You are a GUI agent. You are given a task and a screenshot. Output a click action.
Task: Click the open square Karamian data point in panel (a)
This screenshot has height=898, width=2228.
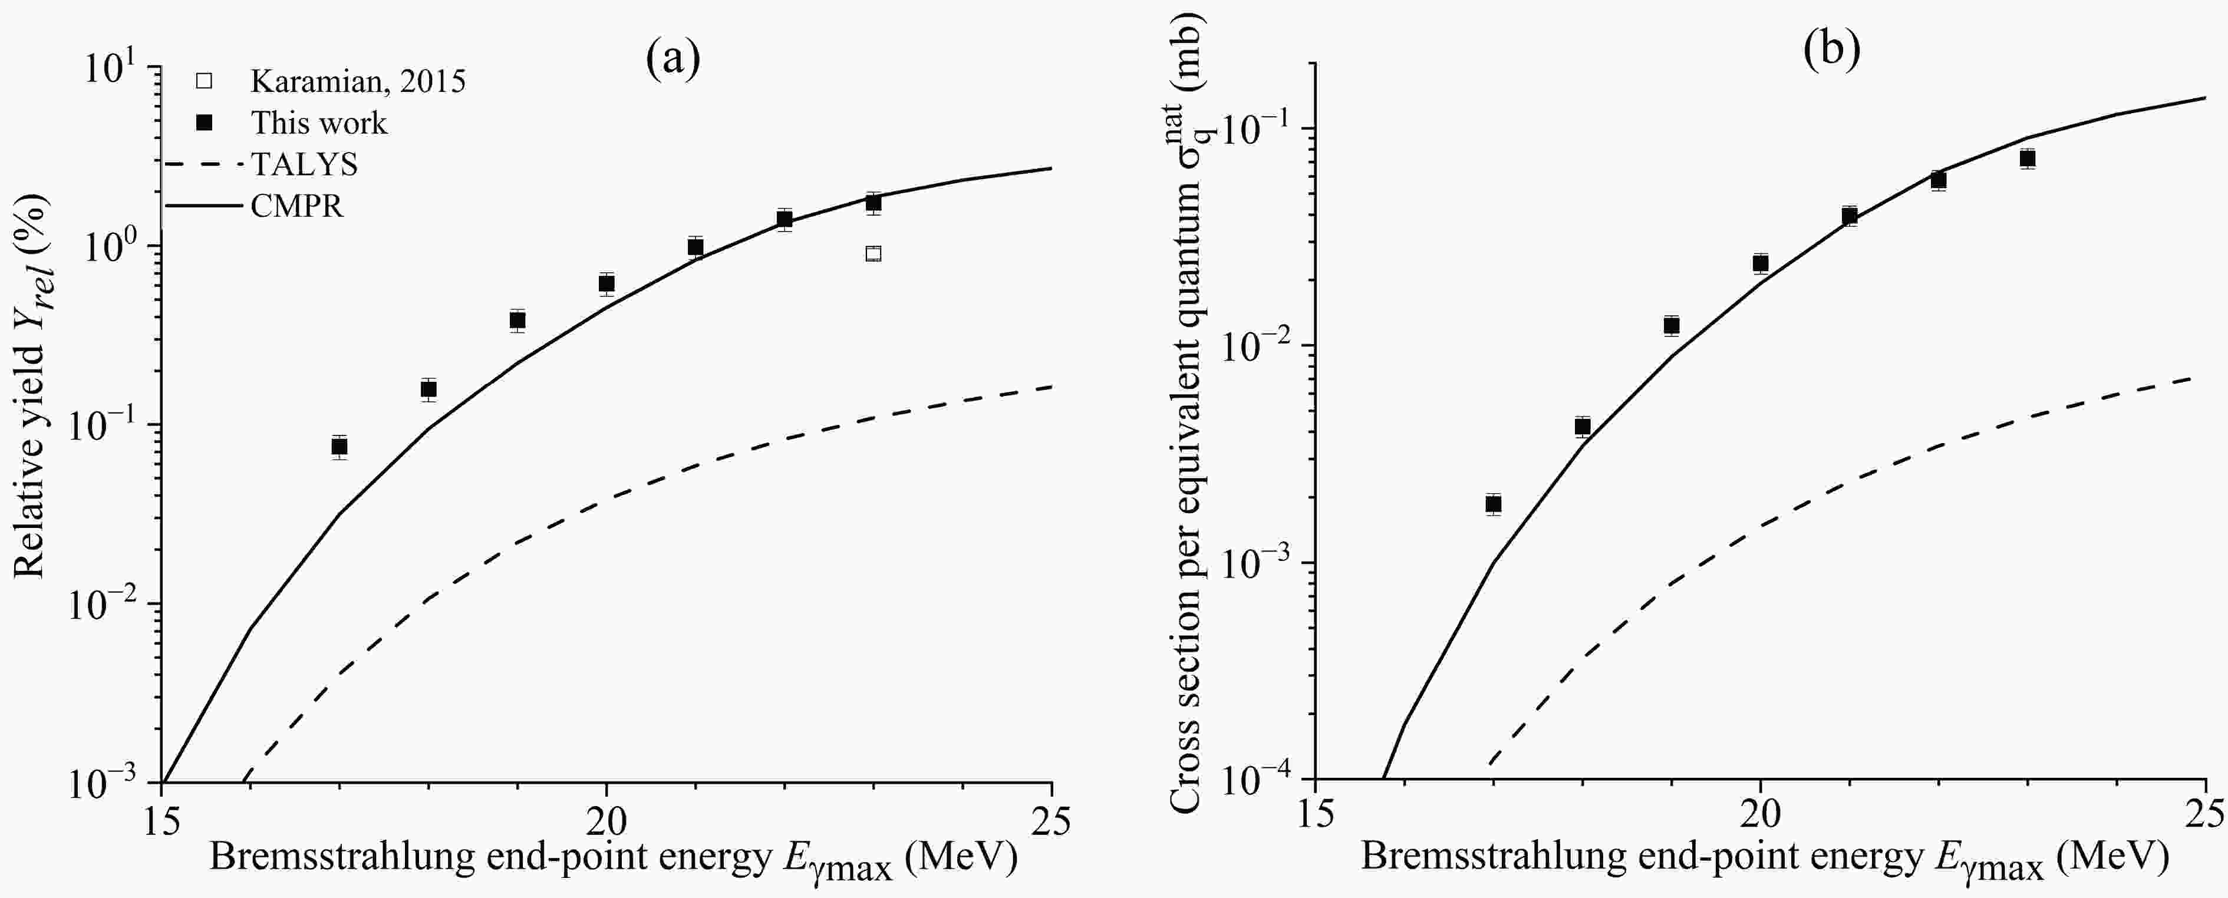[x=874, y=253]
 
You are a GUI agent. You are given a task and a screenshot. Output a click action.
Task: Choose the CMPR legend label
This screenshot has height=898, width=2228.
[x=296, y=206]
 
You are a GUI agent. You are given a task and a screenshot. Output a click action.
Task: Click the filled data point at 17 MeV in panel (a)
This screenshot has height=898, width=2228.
[x=340, y=446]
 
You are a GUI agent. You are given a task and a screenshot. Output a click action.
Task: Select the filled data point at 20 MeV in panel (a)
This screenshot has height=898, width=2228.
[x=607, y=283]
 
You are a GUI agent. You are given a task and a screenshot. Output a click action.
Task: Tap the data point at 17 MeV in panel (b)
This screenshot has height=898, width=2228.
[x=1493, y=504]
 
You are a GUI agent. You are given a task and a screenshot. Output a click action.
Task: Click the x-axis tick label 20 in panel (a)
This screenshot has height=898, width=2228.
[x=607, y=821]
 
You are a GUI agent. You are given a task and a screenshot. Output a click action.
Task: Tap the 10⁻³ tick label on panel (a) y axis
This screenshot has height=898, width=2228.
[x=109, y=784]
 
